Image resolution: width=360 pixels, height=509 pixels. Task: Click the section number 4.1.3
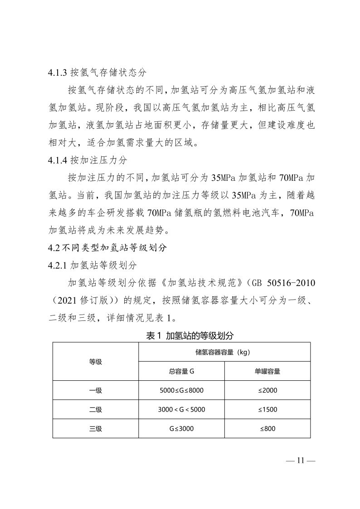click(58, 73)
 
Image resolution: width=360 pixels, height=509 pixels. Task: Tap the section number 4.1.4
click(58, 160)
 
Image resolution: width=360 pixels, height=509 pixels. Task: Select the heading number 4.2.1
click(58, 264)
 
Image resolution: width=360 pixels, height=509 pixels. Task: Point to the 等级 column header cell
click(95, 362)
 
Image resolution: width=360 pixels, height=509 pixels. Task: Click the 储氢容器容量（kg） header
click(224, 352)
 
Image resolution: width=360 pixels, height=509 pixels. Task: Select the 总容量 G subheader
click(181, 371)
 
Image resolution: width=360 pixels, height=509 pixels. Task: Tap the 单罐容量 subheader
click(267, 371)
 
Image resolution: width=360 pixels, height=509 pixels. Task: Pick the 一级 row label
click(95, 390)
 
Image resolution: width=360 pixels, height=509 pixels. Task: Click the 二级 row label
click(95, 409)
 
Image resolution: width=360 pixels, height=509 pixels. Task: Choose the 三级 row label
click(95, 428)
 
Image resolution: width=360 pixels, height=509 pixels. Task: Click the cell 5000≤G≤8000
click(181, 390)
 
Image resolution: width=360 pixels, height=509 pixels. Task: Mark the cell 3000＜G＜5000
click(181, 409)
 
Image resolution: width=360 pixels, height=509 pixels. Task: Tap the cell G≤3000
click(181, 428)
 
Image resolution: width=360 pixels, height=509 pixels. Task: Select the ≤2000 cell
click(268, 390)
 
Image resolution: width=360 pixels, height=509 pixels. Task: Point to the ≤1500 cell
click(268, 409)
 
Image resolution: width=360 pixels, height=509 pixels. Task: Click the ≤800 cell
click(268, 428)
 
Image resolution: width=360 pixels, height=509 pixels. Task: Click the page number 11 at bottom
click(300, 461)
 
